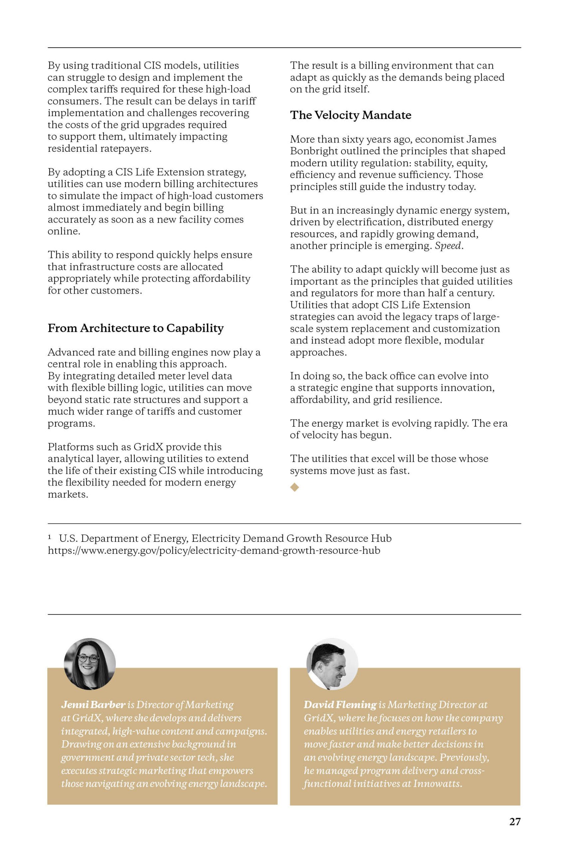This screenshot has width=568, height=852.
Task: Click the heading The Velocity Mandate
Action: point(350,115)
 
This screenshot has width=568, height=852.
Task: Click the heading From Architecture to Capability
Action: point(135,328)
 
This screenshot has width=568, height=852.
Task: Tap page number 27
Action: point(515,822)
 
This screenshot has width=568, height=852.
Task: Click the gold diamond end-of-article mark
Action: point(294,487)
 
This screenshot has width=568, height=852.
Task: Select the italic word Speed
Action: point(449,246)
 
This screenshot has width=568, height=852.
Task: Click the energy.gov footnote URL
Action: point(214,550)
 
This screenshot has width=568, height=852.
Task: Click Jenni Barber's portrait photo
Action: point(90,664)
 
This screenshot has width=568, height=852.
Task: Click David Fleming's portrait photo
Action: point(332,664)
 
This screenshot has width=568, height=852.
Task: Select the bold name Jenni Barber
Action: point(93,705)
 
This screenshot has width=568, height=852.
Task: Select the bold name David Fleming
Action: point(340,705)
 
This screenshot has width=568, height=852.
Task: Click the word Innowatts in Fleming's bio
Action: point(437,784)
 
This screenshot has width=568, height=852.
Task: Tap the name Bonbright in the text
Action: point(313,151)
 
